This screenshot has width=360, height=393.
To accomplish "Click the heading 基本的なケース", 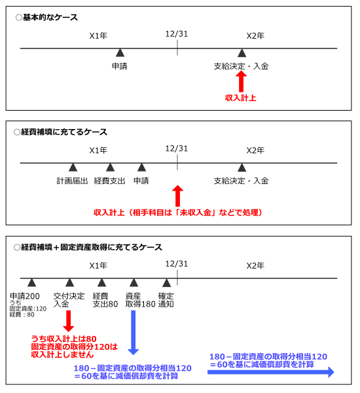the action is pyautogui.click(x=50, y=17).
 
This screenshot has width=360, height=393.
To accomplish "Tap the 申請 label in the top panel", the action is pyautogui.click(x=120, y=66).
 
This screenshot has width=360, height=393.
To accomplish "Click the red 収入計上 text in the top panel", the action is pyautogui.click(x=240, y=98).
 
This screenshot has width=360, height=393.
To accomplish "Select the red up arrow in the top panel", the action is pyautogui.click(x=241, y=81).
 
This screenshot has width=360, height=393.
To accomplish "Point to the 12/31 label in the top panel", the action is pyautogui.click(x=177, y=34).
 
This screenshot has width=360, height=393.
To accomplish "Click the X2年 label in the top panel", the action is pyautogui.click(x=255, y=36).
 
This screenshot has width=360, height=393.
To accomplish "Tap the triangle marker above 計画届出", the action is pyautogui.click(x=73, y=168).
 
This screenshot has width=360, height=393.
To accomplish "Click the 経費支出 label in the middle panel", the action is pyautogui.click(x=109, y=181).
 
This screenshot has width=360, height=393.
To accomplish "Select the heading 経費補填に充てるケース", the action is pyautogui.click(x=64, y=132).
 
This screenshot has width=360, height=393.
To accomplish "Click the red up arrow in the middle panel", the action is pyautogui.click(x=177, y=196).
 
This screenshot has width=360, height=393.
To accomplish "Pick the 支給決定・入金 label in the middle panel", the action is pyautogui.click(x=242, y=181).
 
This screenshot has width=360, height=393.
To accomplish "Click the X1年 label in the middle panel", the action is pyautogui.click(x=98, y=151).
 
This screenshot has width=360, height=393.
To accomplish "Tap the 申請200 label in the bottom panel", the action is pyautogui.click(x=25, y=296).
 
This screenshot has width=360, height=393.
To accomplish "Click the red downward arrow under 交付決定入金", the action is pyautogui.click(x=68, y=321).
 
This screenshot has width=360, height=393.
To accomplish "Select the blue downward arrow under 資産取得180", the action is pyautogui.click(x=134, y=333).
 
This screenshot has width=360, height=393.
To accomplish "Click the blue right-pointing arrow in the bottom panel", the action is pyautogui.click(x=271, y=372).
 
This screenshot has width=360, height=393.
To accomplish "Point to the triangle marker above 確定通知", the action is pyautogui.click(x=167, y=283).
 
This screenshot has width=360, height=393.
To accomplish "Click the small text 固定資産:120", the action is pyautogui.click(x=28, y=309).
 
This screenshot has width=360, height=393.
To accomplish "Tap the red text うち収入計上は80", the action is pyautogui.click(x=63, y=339).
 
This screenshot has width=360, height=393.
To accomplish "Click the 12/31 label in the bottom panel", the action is pyautogui.click(x=177, y=264).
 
